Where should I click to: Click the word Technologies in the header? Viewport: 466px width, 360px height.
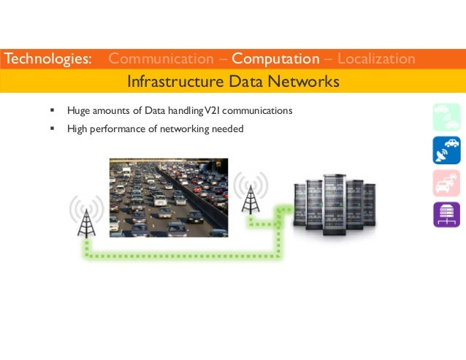(47, 58)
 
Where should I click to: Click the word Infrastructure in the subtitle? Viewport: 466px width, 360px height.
(170, 81)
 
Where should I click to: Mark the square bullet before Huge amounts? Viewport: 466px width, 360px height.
(52, 111)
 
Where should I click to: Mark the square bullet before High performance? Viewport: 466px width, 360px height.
(52, 129)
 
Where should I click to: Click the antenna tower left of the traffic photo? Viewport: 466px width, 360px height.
(86, 213)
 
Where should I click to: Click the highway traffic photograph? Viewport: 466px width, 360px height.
(169, 197)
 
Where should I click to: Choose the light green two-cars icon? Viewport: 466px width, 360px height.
(446, 117)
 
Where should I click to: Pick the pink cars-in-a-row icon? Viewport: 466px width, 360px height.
(446, 182)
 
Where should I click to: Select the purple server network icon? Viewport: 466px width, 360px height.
(446, 214)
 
